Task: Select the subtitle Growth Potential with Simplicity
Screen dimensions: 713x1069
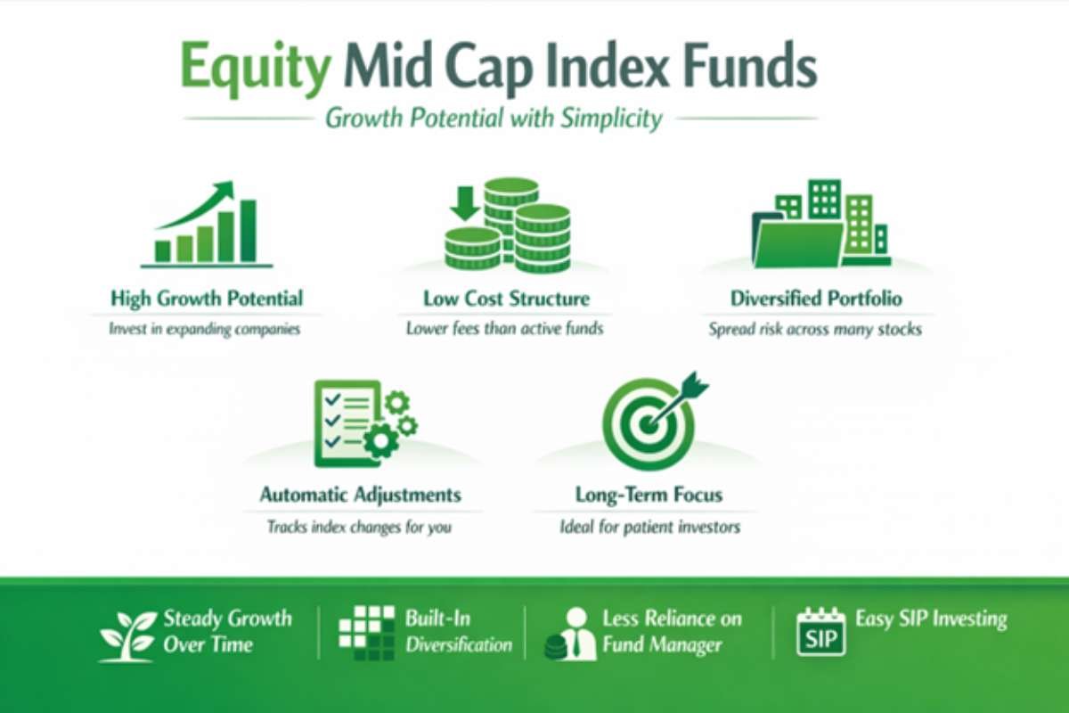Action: click(494, 119)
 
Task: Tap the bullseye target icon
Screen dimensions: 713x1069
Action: click(650, 419)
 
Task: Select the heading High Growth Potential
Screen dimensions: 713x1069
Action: click(207, 299)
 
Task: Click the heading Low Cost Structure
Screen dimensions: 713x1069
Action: click(505, 299)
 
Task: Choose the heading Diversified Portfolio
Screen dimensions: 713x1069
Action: click(815, 299)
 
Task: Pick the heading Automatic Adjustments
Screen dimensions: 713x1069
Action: click(360, 494)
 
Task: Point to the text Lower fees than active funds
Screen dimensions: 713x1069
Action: click(505, 329)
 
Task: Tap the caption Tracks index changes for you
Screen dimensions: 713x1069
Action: click(360, 527)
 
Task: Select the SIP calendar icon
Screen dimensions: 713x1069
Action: click(820, 632)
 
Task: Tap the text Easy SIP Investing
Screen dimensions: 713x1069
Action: click(931, 619)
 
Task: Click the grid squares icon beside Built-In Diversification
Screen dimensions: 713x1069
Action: click(366, 631)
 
